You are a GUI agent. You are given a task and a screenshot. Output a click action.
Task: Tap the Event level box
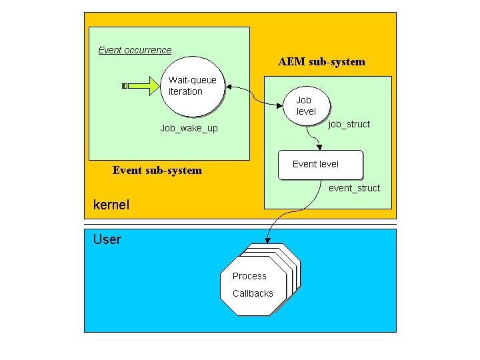(x=321, y=165)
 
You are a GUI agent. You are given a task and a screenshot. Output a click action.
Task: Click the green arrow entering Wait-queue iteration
(x=145, y=85)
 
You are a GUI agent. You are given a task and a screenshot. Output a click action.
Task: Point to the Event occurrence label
(x=135, y=50)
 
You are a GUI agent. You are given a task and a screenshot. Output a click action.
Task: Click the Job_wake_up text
(x=189, y=128)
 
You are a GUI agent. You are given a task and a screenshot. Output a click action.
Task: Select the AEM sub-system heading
(x=321, y=62)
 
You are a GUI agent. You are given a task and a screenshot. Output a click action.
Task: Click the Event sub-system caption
(x=157, y=170)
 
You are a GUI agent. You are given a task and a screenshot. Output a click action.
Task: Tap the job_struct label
(x=349, y=124)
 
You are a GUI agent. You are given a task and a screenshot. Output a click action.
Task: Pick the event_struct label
(x=354, y=188)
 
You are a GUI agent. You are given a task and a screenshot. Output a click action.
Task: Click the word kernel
(x=111, y=205)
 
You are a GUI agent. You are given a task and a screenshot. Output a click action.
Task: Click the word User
(x=107, y=239)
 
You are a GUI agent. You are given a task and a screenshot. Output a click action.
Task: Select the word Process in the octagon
(x=249, y=276)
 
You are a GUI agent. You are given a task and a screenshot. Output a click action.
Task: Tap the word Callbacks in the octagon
(x=253, y=293)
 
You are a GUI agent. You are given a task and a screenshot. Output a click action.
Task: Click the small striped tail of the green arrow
(x=125, y=85)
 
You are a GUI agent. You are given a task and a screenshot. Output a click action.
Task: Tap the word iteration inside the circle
(x=185, y=91)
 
